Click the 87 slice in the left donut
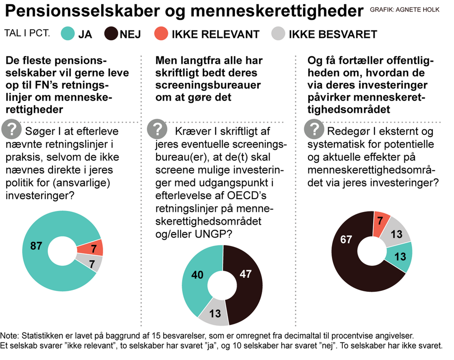tap(36, 246)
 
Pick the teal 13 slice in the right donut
tap(400, 257)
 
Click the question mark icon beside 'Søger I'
tap(11, 129)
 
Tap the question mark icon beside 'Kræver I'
tap(157, 129)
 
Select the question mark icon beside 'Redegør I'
tap(314, 129)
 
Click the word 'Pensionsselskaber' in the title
tap(82, 11)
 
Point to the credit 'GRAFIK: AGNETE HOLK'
tap(404, 10)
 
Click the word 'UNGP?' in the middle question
tap(214, 234)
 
